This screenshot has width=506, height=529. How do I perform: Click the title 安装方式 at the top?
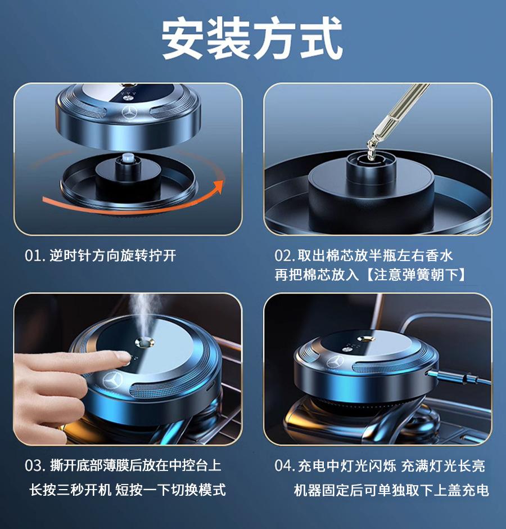pyautogui.click(x=252, y=39)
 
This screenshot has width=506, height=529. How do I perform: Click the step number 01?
pyautogui.click(x=34, y=256)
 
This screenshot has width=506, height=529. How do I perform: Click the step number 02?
pyautogui.click(x=284, y=256)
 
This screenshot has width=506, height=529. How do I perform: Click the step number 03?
pyautogui.click(x=35, y=466)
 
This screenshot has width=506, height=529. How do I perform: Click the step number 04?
pyautogui.click(x=285, y=466)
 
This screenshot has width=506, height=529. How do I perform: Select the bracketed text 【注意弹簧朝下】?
pyautogui.click(x=411, y=275)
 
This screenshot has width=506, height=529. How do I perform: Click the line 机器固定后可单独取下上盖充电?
pyautogui.click(x=391, y=490)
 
